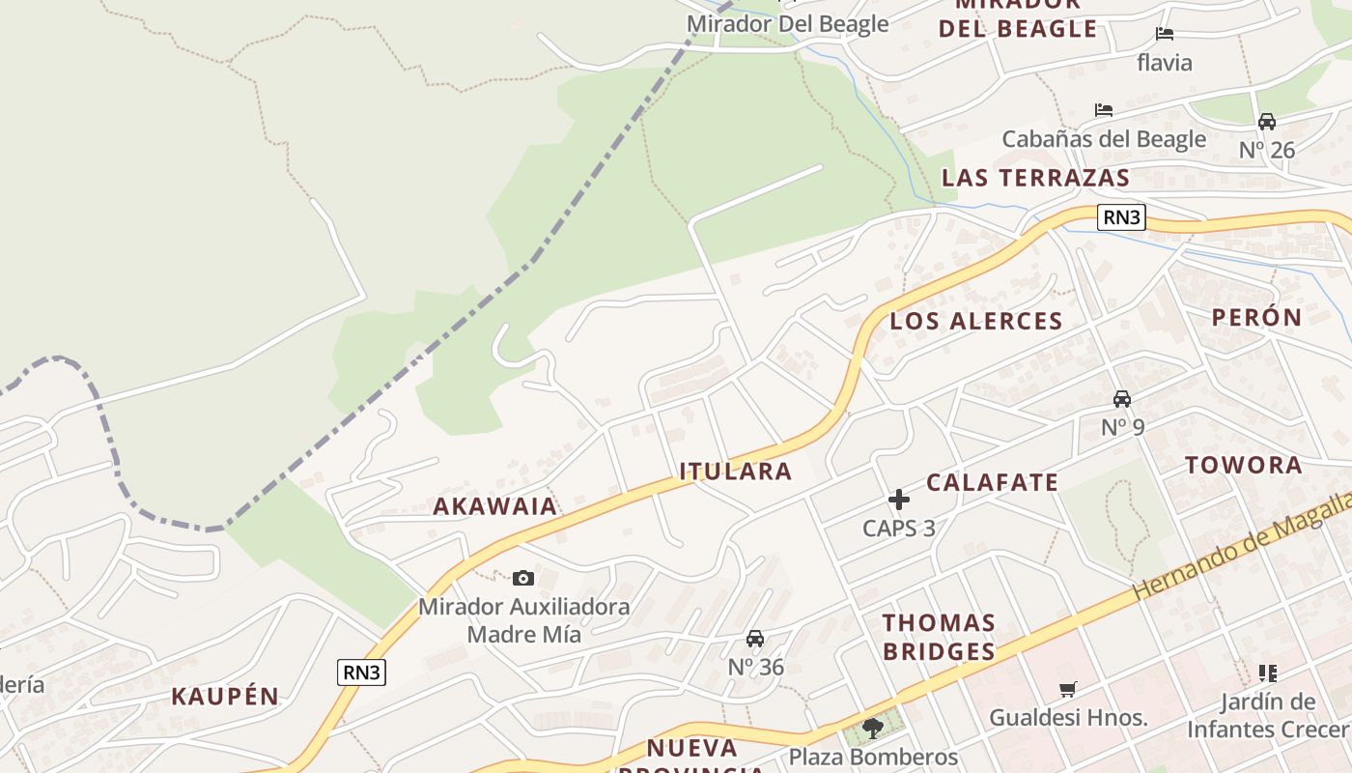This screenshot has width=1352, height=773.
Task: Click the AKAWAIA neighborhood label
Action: tap(494, 506)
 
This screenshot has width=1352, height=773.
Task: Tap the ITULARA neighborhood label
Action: tap(735, 472)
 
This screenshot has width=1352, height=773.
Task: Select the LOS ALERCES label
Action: tap(975, 322)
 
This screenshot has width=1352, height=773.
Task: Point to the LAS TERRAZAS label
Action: tap(1035, 178)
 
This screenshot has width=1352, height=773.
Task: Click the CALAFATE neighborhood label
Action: tap(992, 482)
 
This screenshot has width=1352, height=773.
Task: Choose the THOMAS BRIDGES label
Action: tap(938, 637)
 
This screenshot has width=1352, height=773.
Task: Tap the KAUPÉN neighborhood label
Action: tap(225, 697)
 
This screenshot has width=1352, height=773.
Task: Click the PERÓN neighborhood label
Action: tap(1256, 317)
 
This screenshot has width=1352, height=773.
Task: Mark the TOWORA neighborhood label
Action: tap(1243, 465)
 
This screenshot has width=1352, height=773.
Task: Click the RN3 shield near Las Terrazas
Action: tap(1121, 217)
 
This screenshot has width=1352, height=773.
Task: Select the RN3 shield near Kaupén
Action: tap(361, 673)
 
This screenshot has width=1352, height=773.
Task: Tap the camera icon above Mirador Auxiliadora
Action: tap(522, 578)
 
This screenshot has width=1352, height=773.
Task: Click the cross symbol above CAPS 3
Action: tap(899, 500)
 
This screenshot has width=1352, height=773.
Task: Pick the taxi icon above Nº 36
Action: tap(755, 639)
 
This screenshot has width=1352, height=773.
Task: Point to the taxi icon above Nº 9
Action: tap(1122, 398)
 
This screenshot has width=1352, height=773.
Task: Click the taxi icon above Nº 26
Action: tap(1266, 122)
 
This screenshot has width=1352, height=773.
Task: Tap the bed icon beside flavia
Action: tap(1165, 34)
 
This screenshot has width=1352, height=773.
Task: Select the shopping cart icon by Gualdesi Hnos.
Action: tap(1067, 689)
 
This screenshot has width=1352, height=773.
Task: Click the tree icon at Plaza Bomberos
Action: tap(873, 728)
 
